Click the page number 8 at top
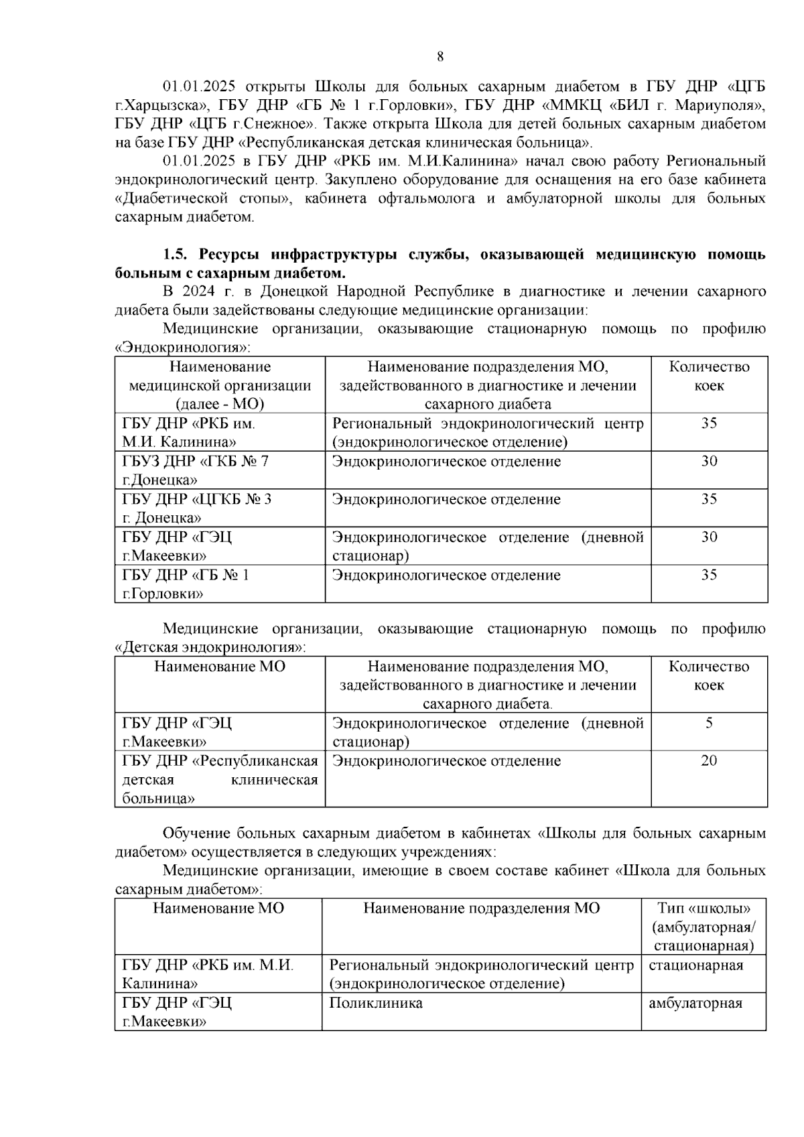(440, 57)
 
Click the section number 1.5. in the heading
(178, 255)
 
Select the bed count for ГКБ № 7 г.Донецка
(709, 461)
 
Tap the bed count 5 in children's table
(709, 723)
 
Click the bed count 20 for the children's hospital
(709, 760)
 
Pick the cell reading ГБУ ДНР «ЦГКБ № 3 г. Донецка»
(196, 508)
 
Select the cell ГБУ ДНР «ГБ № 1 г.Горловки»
(186, 584)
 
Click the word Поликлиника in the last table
(375, 1003)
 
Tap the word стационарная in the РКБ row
(695, 965)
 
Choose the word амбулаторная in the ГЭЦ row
(695, 1003)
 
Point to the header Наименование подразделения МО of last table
(481, 908)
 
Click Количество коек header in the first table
(709, 376)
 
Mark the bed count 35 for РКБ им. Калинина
(709, 423)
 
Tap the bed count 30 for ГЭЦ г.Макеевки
(709, 537)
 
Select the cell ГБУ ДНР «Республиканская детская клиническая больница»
(220, 779)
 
